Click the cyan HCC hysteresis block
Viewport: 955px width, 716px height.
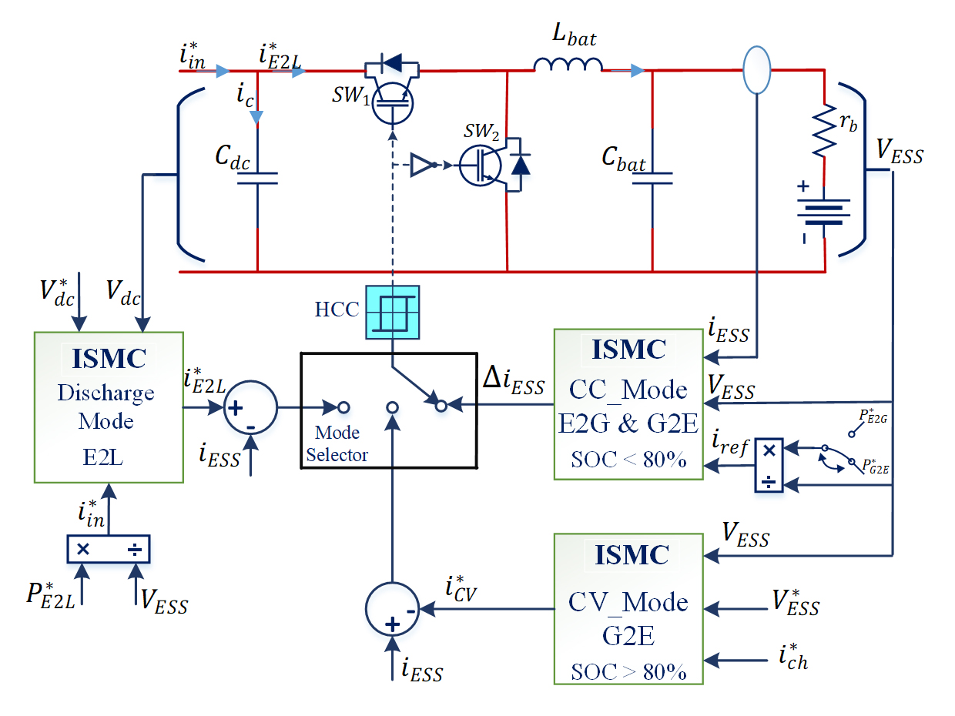pos(393,311)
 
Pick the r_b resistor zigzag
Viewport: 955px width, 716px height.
pos(825,129)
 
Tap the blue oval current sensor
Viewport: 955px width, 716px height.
pos(756,69)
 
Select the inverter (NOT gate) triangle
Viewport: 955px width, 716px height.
pos(422,164)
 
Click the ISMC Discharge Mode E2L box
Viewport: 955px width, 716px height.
pos(109,407)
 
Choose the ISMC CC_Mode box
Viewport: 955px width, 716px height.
pos(628,404)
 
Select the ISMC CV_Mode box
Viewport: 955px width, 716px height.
pos(628,608)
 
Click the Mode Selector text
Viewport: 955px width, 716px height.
pos(337,443)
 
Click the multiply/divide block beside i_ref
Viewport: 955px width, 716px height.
pos(769,466)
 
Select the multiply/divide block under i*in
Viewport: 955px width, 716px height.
pos(109,549)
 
